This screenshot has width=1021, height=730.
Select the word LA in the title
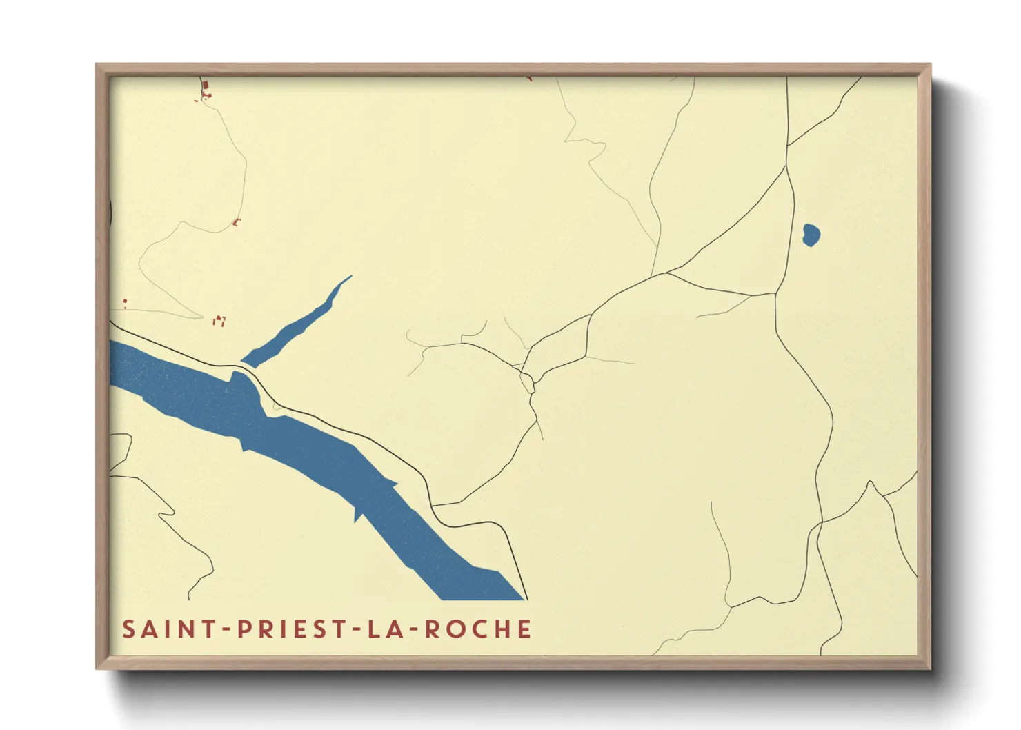pyautogui.click(x=384, y=629)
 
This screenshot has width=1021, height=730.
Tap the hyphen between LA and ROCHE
pyautogui.click(x=413, y=630)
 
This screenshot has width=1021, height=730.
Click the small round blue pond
pyautogui.click(x=811, y=235)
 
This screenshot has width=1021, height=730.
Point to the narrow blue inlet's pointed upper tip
pyautogui.click(x=350, y=277)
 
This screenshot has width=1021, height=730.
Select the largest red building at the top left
pyautogui.click(x=206, y=85)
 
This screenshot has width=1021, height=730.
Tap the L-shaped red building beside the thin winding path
pyautogui.click(x=237, y=222)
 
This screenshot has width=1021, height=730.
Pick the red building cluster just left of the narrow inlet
pyautogui.click(x=219, y=320)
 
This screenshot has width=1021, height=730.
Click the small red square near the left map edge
pyautogui.click(x=125, y=302)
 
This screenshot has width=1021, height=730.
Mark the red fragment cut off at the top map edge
pyautogui.click(x=529, y=79)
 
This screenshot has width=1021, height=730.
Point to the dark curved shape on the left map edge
pyautogui.click(x=110, y=210)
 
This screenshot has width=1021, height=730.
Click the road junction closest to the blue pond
pyautogui.click(x=786, y=166)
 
